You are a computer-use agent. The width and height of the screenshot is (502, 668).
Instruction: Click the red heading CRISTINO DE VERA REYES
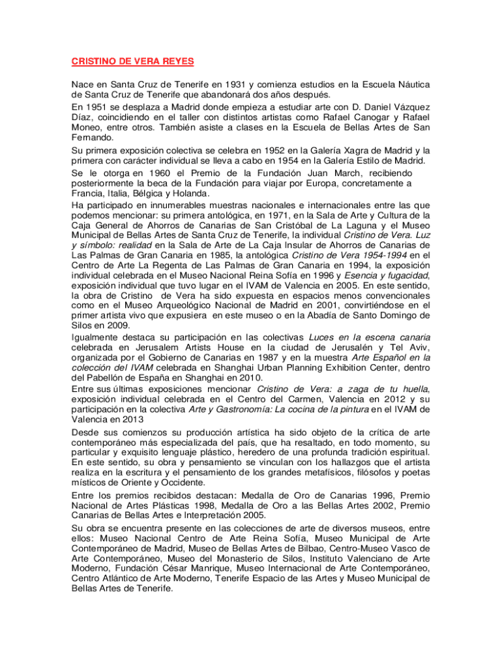click(133, 62)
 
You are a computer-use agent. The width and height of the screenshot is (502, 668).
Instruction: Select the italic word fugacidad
click(404, 275)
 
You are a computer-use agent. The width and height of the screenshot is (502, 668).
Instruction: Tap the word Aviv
click(418, 347)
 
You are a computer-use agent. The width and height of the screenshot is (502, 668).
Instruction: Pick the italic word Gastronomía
click(228, 409)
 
